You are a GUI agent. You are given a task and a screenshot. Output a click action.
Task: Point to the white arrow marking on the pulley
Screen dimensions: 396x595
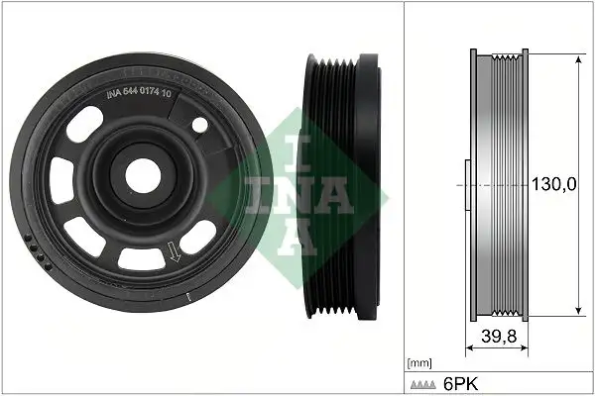click(176, 255)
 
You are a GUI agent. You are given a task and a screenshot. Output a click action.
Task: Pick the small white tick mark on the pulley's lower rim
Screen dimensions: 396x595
click(187, 296)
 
